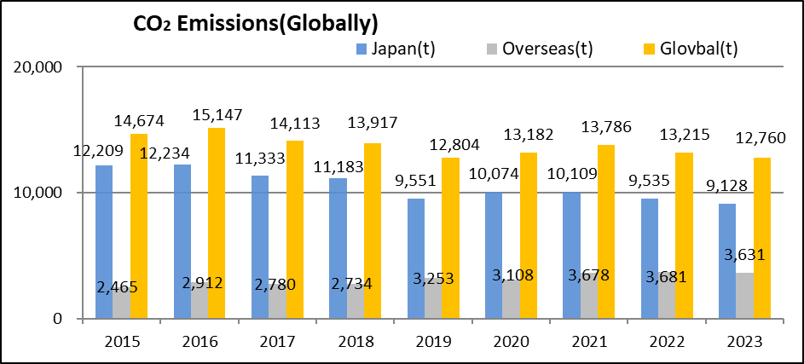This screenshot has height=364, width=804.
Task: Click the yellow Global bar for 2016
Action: coord(217,223)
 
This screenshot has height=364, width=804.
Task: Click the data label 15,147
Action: coord(220,113)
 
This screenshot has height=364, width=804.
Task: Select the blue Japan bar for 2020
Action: coord(494,255)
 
